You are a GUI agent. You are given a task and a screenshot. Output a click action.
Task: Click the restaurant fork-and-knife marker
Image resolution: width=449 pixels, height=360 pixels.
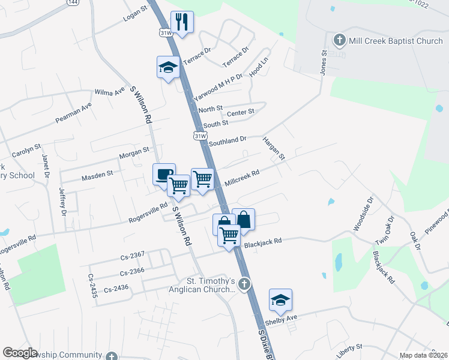182,23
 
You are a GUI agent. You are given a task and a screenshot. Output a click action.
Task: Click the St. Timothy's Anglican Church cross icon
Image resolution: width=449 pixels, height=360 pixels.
244,284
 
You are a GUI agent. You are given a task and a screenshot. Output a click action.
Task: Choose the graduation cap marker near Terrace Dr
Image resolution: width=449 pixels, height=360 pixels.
169,67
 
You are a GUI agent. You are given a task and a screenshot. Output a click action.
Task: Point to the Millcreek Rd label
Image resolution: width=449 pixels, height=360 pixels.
241,177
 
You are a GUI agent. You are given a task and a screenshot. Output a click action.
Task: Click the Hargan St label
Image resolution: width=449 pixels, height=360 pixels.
274,148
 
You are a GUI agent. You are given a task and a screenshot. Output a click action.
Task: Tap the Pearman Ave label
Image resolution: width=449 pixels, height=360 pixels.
73,112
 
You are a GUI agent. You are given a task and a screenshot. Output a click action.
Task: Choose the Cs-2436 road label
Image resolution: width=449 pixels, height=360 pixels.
116,289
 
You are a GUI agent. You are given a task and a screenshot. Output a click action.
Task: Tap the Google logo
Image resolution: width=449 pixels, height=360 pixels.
20,353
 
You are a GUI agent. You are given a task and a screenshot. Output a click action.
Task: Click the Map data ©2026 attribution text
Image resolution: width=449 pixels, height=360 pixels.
424,355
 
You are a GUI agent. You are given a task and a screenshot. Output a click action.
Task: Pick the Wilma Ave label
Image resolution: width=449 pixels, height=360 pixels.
110,92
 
